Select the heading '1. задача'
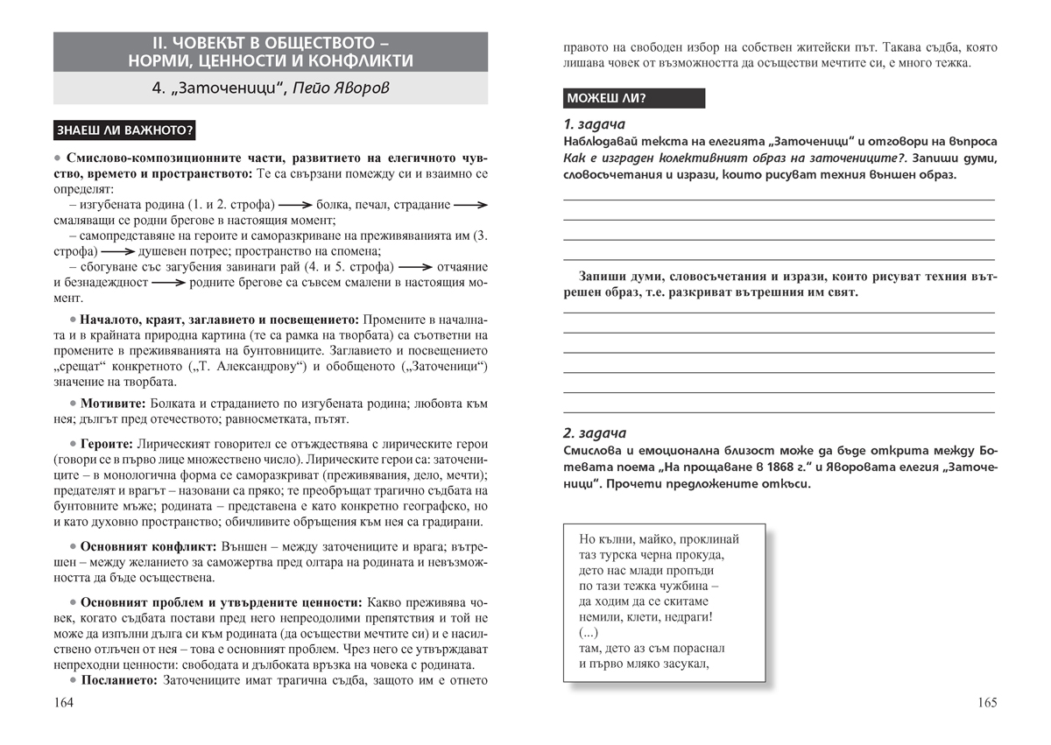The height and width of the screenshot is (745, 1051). click(595, 123)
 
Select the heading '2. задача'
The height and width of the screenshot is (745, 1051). click(595, 433)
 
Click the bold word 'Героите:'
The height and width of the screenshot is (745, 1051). click(109, 444)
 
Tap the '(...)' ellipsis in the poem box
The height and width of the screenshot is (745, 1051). click(589, 633)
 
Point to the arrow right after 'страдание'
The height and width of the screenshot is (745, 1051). click(471, 206)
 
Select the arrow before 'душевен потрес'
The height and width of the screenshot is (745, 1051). click(106, 251)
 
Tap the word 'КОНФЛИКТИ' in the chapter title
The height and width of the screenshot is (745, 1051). click(357, 60)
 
